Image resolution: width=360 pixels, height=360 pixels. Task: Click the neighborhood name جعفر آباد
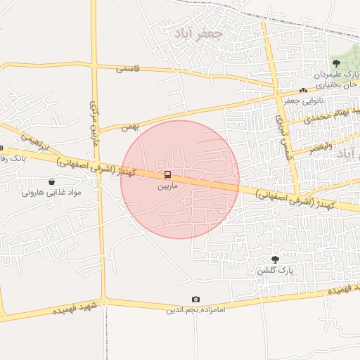pos(198,33)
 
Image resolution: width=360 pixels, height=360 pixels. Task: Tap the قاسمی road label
pos(128,69)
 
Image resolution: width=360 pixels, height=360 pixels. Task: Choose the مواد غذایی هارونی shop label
pos(51,192)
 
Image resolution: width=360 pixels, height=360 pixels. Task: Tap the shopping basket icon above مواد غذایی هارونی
pos(52,182)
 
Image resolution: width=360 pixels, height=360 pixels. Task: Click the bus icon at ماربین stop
pos(167,174)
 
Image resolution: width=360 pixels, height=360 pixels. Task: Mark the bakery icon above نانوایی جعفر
pos(303,90)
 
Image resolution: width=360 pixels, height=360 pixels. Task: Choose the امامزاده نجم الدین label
pos(195,309)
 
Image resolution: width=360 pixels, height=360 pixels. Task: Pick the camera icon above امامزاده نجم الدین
pos(195,300)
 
